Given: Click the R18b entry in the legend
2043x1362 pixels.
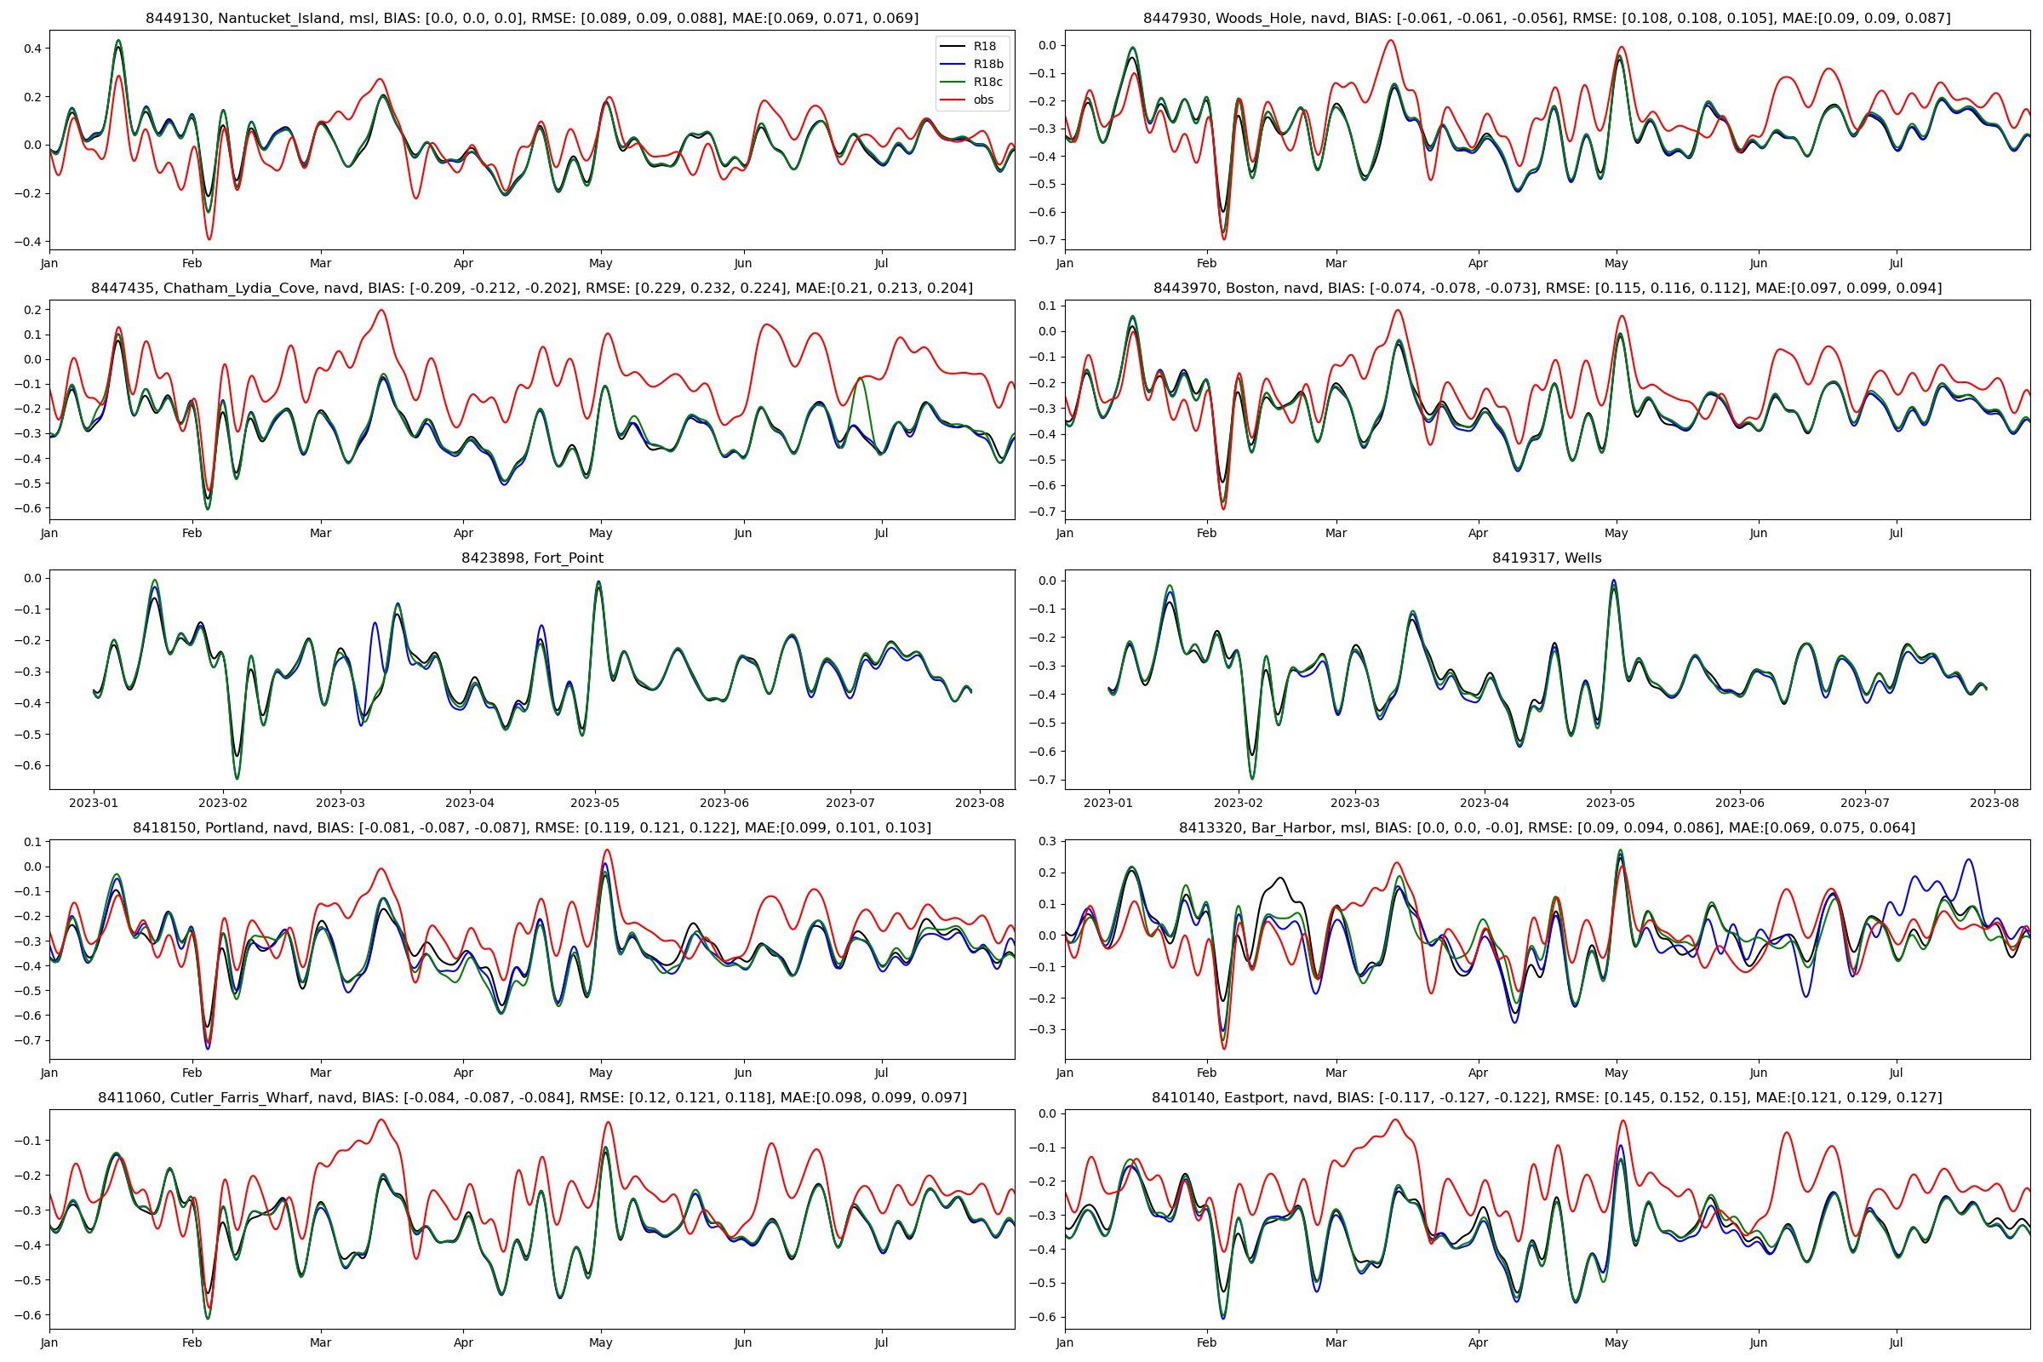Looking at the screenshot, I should (987, 65).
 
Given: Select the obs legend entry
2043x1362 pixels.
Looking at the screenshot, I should (983, 100).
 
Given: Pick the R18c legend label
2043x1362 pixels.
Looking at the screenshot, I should (987, 83).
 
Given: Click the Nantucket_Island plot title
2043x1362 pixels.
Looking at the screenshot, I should (531, 18).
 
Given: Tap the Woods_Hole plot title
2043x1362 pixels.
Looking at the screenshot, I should (1546, 18).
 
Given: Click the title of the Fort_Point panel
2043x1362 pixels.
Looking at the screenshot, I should (531, 558).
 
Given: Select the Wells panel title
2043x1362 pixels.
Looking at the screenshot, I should (1546, 558).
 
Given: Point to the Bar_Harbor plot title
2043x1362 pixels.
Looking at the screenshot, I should (1546, 827).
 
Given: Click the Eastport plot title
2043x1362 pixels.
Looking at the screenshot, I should (1546, 1098).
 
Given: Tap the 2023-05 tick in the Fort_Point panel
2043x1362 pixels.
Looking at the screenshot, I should (595, 804).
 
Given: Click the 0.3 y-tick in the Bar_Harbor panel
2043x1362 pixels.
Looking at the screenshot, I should (1049, 842).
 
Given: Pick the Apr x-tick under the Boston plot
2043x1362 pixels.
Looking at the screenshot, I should (1478, 534).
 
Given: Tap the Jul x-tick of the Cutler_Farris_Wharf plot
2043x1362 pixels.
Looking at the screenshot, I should (881, 1343).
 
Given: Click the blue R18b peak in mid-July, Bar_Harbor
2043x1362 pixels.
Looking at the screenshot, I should (1968, 860).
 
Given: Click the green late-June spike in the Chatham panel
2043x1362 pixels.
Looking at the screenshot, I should (860, 378).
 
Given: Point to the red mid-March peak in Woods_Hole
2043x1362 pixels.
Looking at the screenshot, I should (1391, 40).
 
